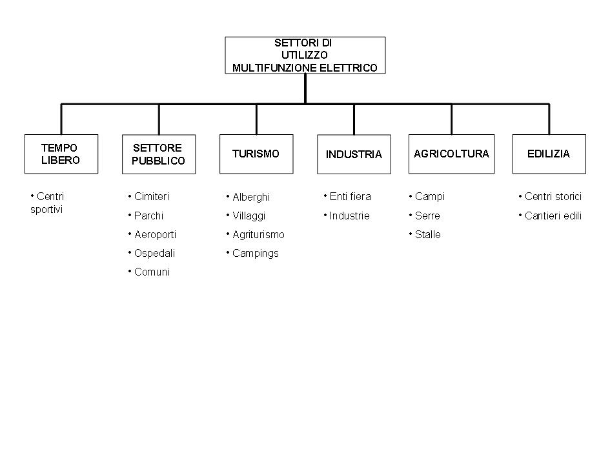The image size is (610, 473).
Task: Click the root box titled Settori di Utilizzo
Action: coord(305,55)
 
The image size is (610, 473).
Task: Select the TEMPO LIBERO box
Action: coord(61,154)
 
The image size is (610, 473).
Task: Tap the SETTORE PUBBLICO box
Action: coord(159,154)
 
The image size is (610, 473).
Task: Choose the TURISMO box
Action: coord(256,154)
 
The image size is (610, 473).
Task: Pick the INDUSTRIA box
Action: coord(354,154)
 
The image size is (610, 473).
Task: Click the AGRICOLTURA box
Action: coord(451,154)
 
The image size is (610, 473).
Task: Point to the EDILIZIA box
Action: coord(549,154)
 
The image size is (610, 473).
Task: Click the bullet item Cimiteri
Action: coord(148,196)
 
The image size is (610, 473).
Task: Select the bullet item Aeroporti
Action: coord(152,234)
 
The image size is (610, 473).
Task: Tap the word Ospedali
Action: coord(154,253)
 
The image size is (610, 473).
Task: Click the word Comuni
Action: coord(152,272)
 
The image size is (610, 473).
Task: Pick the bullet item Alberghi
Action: coord(248,197)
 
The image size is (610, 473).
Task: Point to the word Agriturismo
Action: coord(258,234)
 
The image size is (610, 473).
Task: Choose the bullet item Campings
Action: coord(252,253)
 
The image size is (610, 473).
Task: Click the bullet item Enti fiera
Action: coord(347,196)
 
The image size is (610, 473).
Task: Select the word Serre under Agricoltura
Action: coord(427,216)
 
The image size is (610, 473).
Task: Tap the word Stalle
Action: coord(428,234)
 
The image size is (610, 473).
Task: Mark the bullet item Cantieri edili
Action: coord(550,216)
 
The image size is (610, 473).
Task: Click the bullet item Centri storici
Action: coord(550,196)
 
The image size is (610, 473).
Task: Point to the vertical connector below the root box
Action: coord(305,88)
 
